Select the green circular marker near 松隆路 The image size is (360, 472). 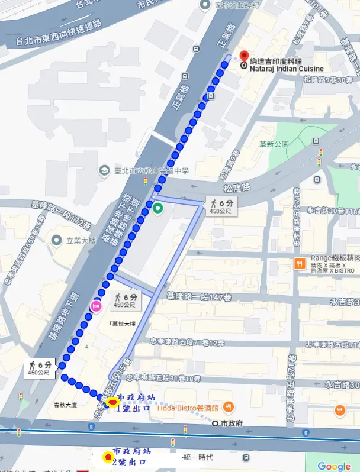click(x=158, y=208)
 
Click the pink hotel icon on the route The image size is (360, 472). click(x=95, y=306)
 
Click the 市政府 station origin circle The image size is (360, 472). click(x=215, y=423)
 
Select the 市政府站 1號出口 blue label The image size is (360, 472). click(x=137, y=402)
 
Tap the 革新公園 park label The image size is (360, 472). click(x=274, y=144)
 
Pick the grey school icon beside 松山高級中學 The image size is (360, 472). click(x=104, y=170)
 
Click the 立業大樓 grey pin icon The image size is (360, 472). click(x=57, y=240)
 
